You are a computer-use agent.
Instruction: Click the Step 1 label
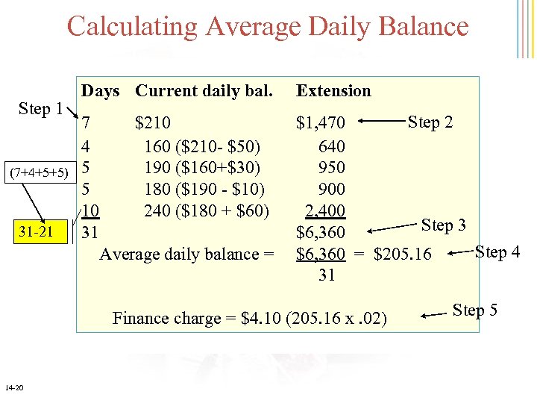pyautogui.click(x=40, y=109)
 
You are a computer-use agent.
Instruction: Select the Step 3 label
pyautogui.click(x=444, y=224)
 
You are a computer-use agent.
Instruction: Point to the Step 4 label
pyautogui.click(x=497, y=252)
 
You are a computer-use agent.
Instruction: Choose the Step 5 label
pyautogui.click(x=475, y=310)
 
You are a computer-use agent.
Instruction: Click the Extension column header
pyautogui.click(x=333, y=91)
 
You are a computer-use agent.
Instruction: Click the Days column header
pyautogui.click(x=101, y=91)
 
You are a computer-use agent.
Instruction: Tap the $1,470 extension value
pyautogui.click(x=321, y=122)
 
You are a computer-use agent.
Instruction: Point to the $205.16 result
pyautogui.click(x=402, y=254)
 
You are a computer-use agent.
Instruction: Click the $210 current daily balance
pyautogui.click(x=152, y=122)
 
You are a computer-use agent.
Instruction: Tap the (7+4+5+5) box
pyautogui.click(x=38, y=173)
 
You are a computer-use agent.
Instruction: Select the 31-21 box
pyautogui.click(x=35, y=232)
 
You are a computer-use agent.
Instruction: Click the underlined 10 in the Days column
pyautogui.click(x=91, y=210)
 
